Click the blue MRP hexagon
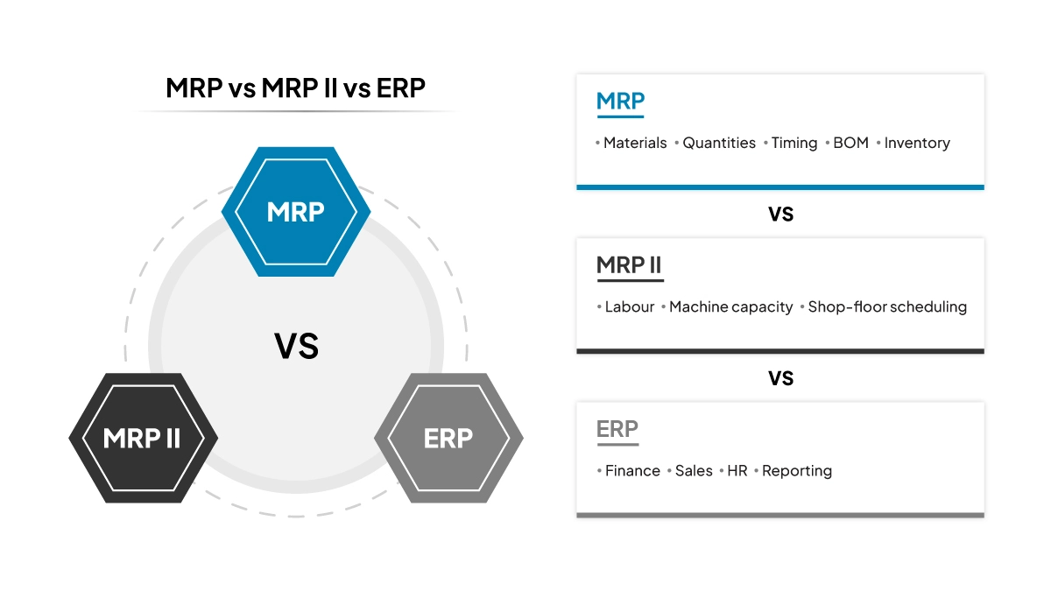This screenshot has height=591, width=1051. point(296,212)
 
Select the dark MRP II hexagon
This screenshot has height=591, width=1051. point(143,438)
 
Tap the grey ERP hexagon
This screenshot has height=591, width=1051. point(448,438)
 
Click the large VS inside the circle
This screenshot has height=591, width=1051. point(296,347)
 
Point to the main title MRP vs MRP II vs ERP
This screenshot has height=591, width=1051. point(296,88)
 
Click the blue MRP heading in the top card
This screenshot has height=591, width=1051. point(620,101)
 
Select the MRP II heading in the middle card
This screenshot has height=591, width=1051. point(629,264)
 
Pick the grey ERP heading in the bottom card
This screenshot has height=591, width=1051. point(617,429)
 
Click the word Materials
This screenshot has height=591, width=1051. point(635,143)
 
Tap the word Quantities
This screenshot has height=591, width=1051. point(719,143)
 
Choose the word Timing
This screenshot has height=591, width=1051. point(794,143)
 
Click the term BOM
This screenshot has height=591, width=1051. point(850,143)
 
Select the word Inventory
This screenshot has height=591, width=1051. point(917,143)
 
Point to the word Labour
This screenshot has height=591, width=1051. point(630,307)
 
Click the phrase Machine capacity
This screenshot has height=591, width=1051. point(730,307)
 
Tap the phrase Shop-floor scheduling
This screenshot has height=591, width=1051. point(887,307)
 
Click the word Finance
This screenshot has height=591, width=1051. point(632,471)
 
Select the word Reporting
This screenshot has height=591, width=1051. point(797,471)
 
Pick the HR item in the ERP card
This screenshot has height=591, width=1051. point(737,471)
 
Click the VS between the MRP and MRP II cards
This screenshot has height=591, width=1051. point(780,214)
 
